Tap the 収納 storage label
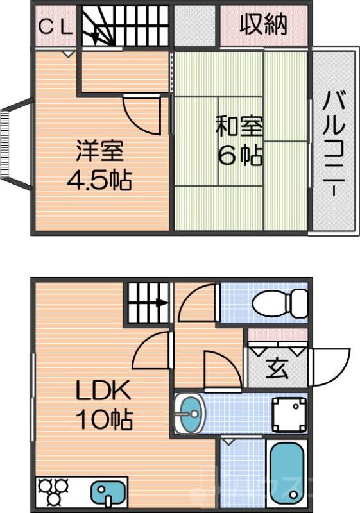pyautogui.click(x=264, y=25)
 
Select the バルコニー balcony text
pyautogui.click(x=334, y=144)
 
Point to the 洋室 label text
pyautogui.click(x=100, y=151)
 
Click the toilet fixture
pyautogui.click(x=280, y=301)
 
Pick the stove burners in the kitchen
pyautogui.click(x=53, y=492)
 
